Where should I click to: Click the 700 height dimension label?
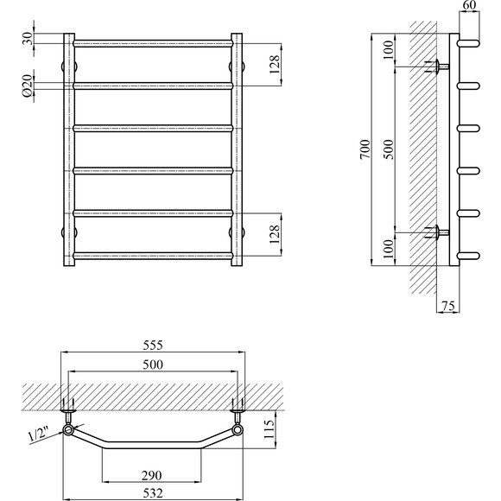click(365, 149)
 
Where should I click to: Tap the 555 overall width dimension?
click(153, 345)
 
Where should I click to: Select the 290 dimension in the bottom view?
click(151, 476)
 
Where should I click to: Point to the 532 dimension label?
click(153, 493)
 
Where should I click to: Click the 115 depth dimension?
click(270, 429)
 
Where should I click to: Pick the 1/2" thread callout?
click(38, 435)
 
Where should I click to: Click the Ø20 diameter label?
click(28, 86)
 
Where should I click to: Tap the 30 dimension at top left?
click(28, 38)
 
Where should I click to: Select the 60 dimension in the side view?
click(469, 5)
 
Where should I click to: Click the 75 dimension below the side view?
click(448, 306)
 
